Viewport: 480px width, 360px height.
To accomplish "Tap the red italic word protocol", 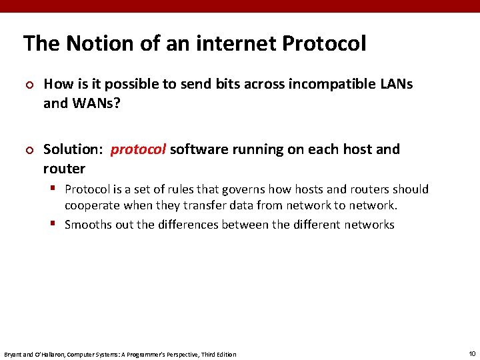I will coord(138,149).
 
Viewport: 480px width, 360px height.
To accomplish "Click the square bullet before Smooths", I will coord(57,224).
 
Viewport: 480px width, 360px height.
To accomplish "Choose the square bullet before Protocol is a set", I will coord(57,189).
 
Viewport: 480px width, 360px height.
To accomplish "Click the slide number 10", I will coord(472,353).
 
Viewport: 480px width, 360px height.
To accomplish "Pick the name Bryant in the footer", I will coord(13,354).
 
